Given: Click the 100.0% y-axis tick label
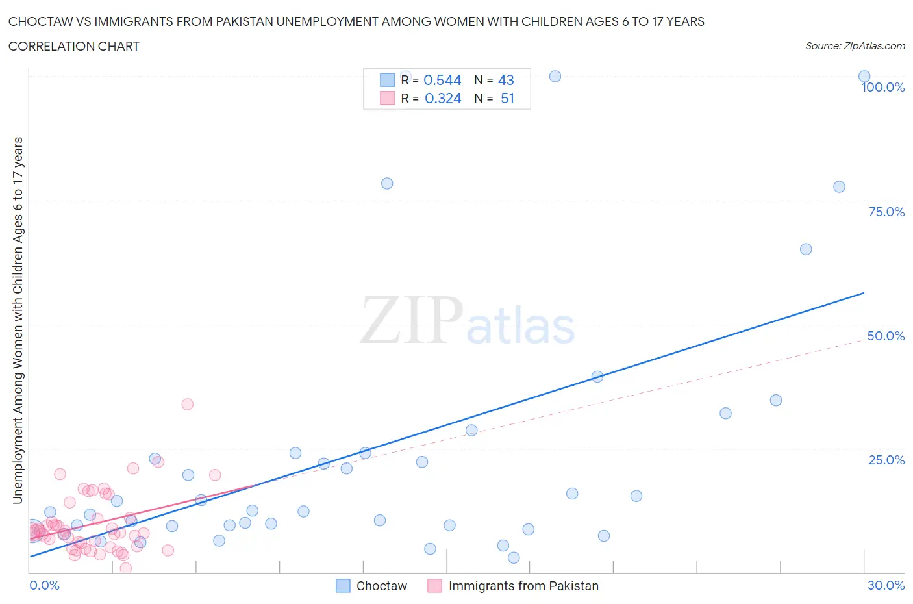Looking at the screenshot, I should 882,87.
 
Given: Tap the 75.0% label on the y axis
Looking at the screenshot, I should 886,212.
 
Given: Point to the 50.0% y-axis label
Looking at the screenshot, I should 886,336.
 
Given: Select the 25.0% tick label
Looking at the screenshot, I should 886,460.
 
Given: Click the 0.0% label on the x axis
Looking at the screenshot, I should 44,585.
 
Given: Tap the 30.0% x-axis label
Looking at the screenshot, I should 886,585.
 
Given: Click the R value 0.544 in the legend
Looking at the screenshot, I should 442,80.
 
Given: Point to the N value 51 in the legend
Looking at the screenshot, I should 507,98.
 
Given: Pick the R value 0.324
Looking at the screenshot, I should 443,98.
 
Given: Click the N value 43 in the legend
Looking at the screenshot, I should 506,80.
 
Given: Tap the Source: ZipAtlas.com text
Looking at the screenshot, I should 855,46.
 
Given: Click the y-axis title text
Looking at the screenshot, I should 18,320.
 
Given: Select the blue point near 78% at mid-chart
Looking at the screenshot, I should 387,183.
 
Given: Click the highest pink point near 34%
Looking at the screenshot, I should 187,404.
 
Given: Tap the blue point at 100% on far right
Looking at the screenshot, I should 864,76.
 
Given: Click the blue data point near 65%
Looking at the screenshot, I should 806,249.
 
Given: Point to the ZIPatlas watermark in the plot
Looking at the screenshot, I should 468,321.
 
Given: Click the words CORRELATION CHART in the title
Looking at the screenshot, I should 74,46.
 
